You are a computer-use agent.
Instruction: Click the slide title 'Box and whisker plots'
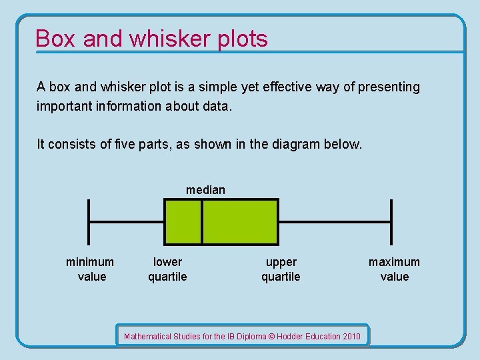151,39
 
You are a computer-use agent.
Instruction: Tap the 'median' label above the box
205,190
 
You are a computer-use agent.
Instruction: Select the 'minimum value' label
90,269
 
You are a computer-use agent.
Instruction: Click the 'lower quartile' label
167,269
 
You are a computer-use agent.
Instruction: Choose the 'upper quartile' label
281,269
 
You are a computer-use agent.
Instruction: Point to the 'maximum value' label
394,269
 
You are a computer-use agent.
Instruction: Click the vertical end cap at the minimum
89,221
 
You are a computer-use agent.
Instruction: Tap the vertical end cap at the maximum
391,221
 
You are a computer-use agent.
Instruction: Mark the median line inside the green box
202,221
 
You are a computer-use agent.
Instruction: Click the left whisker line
127,221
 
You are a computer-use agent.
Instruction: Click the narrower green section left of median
183,221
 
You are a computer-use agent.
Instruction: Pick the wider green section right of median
240,221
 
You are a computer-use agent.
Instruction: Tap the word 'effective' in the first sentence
301,87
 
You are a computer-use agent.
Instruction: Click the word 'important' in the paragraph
61,107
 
